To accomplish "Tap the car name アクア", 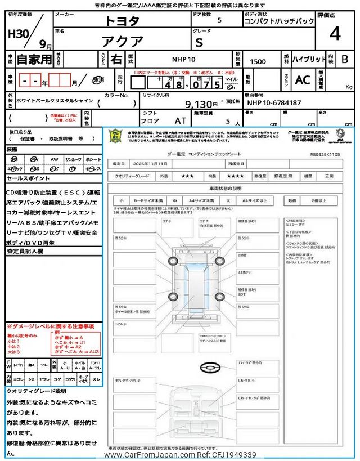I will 122,41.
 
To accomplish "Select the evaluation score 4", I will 335,34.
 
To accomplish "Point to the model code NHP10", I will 183,59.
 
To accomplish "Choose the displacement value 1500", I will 258,61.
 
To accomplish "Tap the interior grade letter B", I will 344,59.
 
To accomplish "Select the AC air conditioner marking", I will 302,80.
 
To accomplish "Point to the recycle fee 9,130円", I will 201,104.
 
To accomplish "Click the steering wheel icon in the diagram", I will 210,366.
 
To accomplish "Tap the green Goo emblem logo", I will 116,136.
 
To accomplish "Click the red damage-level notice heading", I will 50,326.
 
